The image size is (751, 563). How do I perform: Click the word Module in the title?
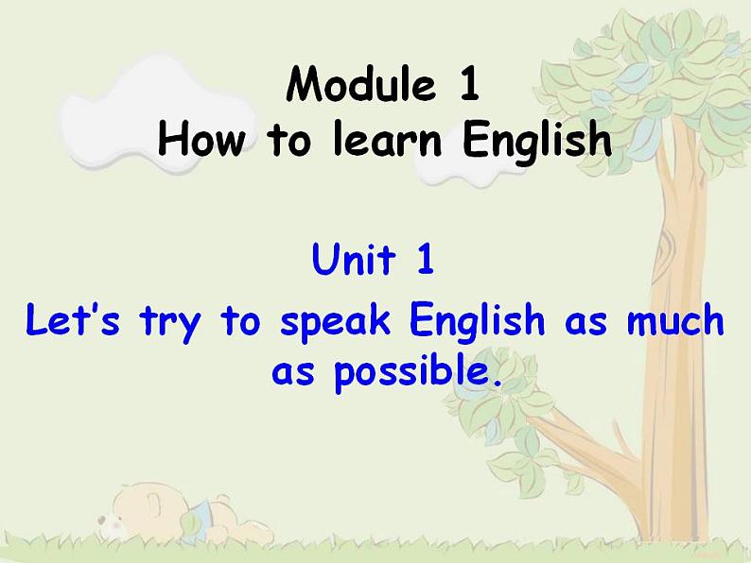pos(360,87)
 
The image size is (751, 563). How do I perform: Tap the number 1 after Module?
pos(469,87)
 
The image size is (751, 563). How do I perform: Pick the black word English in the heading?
pos(535,142)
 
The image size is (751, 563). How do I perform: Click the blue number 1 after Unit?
pos(424,260)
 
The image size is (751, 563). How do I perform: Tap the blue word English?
pos(479,323)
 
